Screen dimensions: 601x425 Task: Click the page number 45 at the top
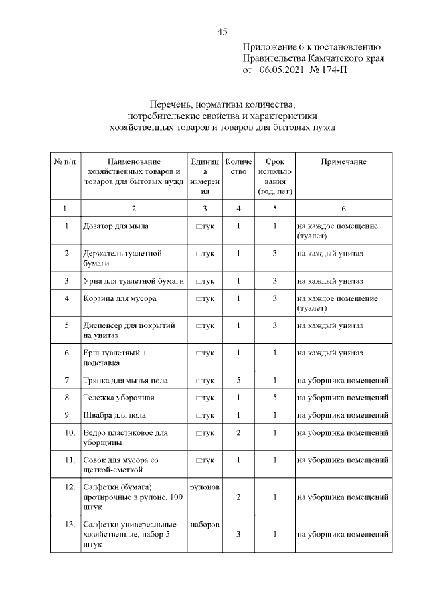point(222,32)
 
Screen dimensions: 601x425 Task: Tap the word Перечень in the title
point(173,104)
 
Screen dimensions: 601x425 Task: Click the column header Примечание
point(343,162)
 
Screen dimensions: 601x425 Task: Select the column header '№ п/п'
point(64,162)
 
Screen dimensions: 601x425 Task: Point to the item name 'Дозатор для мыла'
point(116,226)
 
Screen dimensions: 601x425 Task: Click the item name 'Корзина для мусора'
point(120,298)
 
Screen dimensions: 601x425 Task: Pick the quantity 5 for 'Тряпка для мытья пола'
point(238,380)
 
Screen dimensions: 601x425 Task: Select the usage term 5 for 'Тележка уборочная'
point(274,398)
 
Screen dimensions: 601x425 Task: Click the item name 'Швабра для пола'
point(114,415)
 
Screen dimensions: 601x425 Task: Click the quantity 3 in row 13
point(238,534)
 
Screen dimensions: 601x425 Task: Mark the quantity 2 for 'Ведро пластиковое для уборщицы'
point(238,433)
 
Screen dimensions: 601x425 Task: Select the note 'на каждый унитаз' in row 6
point(330,353)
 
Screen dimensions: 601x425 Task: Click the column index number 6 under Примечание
point(343,208)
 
